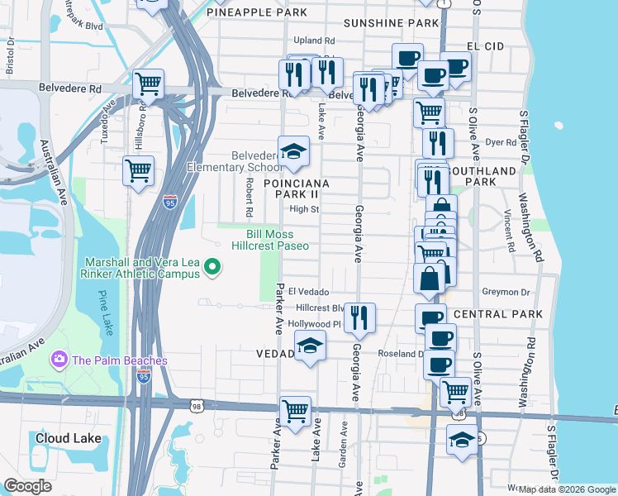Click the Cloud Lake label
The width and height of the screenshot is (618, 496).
[68, 438]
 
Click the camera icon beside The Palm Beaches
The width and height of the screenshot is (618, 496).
[59, 360]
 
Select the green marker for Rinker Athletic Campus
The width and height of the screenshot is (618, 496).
[212, 266]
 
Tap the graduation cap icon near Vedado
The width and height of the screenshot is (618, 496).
[310, 346]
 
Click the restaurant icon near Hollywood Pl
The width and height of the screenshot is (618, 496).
[359, 317]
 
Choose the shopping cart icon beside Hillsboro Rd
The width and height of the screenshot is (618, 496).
[148, 83]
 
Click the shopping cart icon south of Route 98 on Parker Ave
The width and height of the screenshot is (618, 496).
[295, 410]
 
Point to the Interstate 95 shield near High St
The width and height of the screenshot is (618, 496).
[169, 203]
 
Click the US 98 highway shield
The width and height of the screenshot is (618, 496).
[196, 406]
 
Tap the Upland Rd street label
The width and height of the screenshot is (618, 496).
[315, 41]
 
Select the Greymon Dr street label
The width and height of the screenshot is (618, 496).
[506, 292]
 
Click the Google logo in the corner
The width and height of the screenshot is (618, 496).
[28, 486]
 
